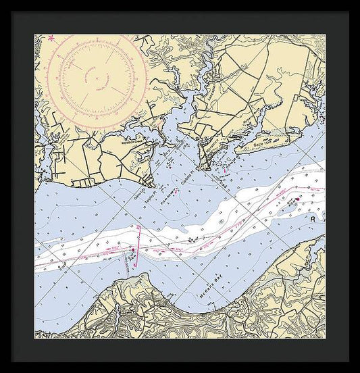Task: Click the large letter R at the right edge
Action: [x=313, y=220]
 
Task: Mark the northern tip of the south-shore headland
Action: [x=128, y=276]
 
